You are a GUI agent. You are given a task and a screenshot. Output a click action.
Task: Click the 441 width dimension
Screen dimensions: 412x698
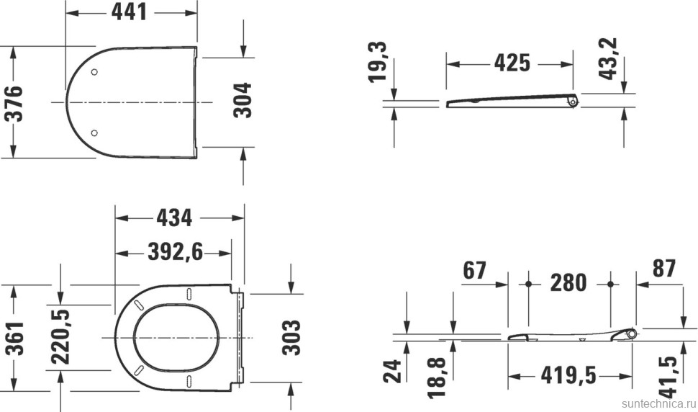coord(130,12)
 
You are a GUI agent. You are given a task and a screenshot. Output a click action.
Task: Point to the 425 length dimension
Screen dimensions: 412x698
coord(512,63)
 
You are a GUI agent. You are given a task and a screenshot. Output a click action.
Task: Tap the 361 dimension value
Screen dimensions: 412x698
coord(15,338)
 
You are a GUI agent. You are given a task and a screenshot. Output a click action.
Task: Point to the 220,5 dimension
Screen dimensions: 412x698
coord(60,338)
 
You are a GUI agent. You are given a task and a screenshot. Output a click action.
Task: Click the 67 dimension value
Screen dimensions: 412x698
coord(476,270)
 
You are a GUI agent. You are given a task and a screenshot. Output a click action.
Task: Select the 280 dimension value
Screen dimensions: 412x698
coord(568,282)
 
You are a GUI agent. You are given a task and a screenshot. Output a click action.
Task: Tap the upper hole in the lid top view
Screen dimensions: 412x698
coord(95,71)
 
